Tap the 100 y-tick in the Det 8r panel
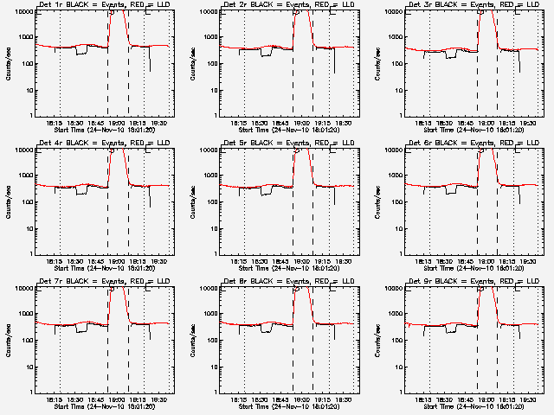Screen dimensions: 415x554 click(x=209, y=340)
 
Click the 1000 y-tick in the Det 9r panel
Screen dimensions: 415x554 click(x=394, y=314)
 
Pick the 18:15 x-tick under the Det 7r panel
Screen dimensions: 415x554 click(x=54, y=399)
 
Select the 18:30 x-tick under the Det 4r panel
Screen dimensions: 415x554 click(x=74, y=261)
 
